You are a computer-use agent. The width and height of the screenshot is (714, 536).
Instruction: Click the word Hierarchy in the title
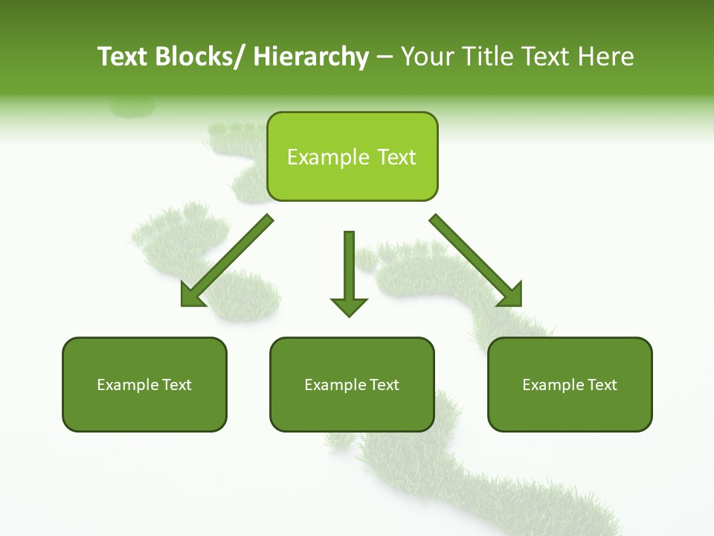[311, 57]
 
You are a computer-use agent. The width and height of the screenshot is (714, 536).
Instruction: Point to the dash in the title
[385, 58]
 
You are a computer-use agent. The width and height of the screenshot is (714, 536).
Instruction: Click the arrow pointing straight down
[349, 272]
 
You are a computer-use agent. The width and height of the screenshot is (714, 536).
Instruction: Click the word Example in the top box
[318, 157]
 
